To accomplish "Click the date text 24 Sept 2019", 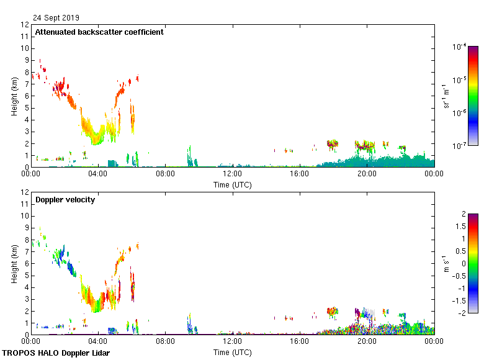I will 56,18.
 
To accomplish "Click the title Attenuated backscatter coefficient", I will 99,32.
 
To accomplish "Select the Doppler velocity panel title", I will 65,200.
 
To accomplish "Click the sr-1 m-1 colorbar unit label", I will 447,96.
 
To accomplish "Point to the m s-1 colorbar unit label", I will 447,263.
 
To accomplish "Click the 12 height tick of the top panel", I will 25,25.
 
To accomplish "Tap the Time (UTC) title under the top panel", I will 232,185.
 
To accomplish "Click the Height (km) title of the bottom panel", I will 14,264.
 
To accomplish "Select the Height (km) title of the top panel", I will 14,96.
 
